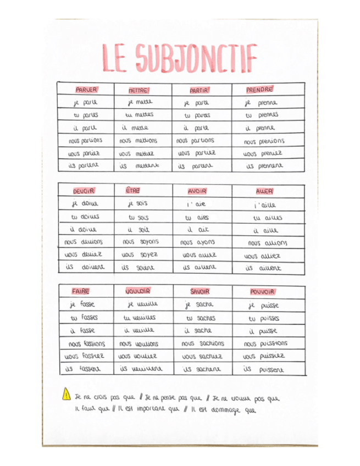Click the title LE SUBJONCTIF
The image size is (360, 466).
[179, 58]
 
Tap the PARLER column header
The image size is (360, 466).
[86, 90]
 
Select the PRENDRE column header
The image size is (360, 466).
[259, 90]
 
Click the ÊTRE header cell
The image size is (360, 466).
[132, 190]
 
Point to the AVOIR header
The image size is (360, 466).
[196, 191]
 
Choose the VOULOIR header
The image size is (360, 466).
[138, 291]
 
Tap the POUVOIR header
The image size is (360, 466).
[262, 292]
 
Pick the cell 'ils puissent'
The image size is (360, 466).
[265, 370]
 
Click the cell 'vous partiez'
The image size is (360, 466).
[197, 153]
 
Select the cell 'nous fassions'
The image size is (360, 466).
[85, 343]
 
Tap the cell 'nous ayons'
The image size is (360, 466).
[198, 242]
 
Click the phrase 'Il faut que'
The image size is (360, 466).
[93, 408]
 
